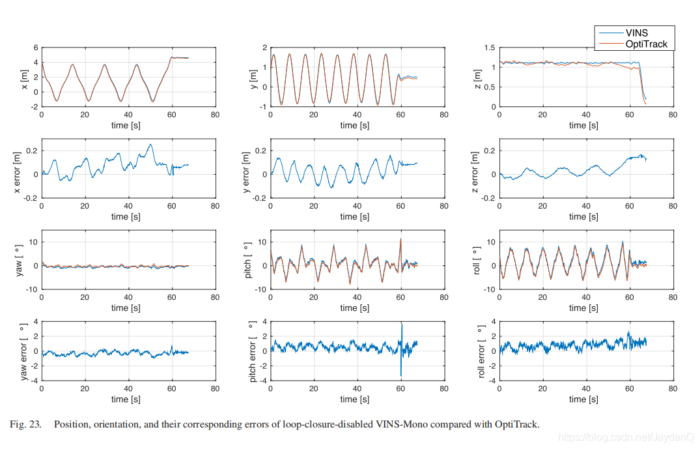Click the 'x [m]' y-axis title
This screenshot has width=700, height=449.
click(24, 78)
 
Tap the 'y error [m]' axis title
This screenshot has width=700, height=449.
click(246, 168)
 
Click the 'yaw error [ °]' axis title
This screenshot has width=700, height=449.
click(25, 351)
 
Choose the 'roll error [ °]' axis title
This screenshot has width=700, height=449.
click(481, 351)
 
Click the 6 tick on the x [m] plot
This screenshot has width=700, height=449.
click(36, 48)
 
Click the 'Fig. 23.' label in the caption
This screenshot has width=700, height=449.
click(27, 425)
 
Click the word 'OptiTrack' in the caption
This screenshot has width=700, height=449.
click(518, 425)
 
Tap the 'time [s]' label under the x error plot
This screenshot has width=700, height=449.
click(128, 216)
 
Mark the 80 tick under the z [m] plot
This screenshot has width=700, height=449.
click(673, 115)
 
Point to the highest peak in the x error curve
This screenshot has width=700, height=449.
click(150, 144)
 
